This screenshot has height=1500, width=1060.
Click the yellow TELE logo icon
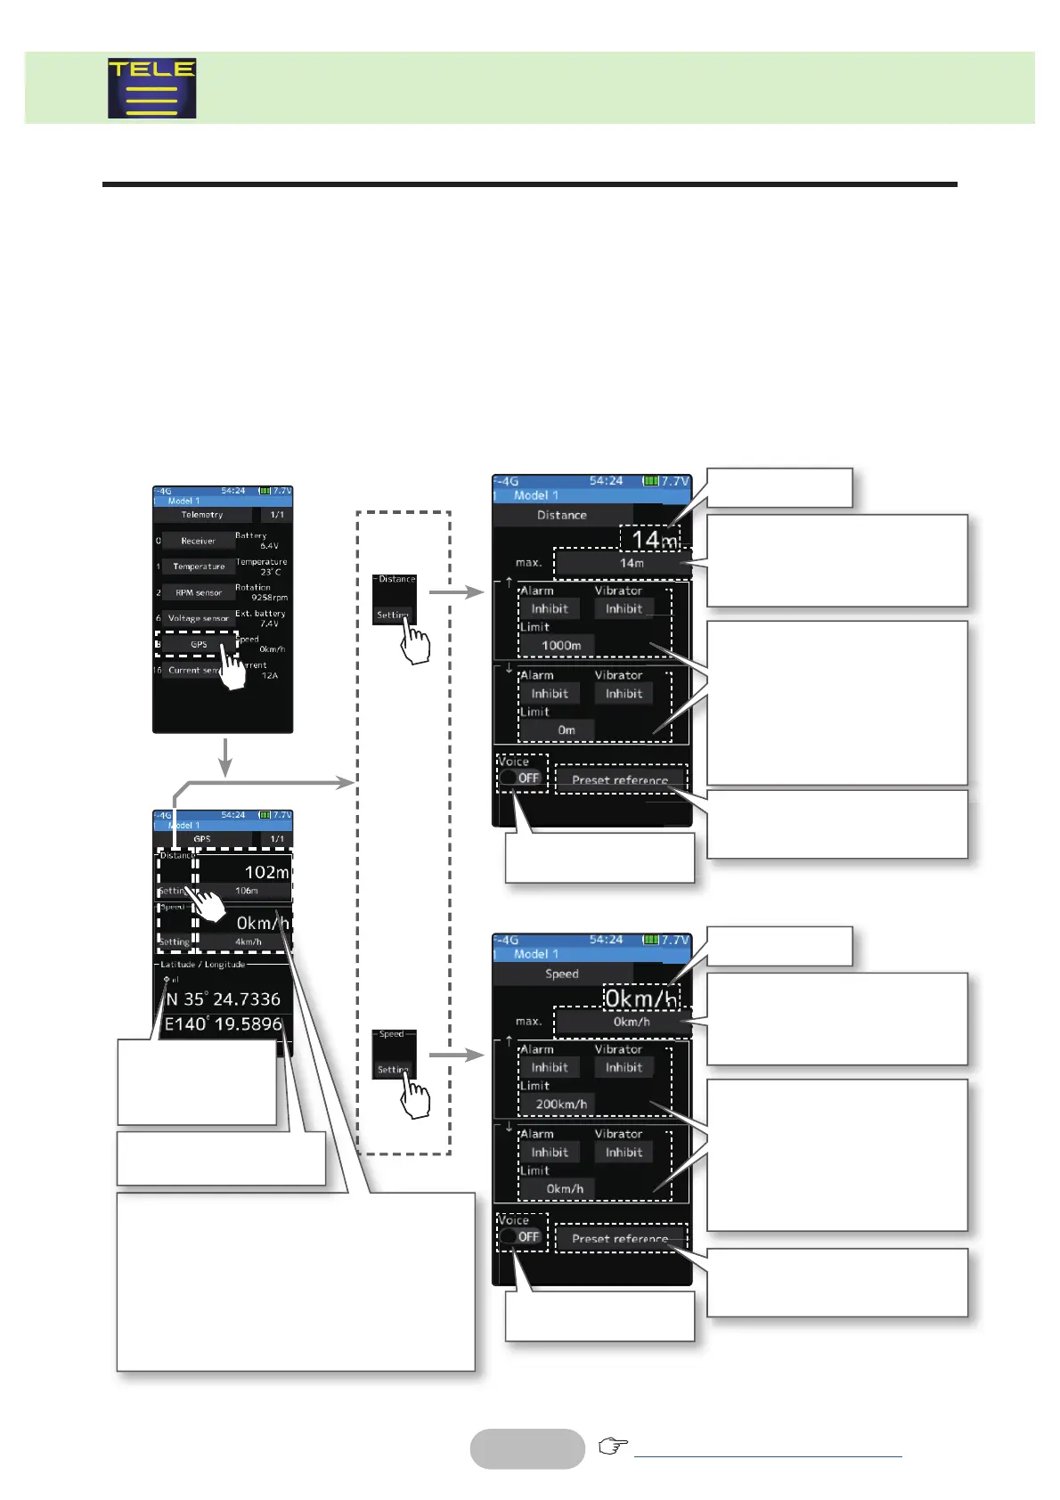(x=152, y=88)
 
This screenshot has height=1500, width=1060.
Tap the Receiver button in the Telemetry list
(x=198, y=541)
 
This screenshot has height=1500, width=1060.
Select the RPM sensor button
(x=198, y=592)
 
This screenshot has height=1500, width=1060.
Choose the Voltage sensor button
(x=198, y=618)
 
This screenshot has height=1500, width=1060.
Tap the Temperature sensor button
(x=198, y=567)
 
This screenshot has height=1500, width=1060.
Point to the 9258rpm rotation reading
(x=269, y=598)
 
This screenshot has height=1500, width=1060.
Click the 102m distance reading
(x=266, y=872)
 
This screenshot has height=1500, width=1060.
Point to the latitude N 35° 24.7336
(x=224, y=999)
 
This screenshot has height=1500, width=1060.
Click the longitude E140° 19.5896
(x=224, y=1024)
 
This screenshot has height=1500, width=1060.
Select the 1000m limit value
(x=561, y=645)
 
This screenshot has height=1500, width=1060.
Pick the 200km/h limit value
(x=561, y=1104)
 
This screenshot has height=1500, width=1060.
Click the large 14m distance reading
(x=654, y=540)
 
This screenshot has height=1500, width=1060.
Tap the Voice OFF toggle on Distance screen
(x=520, y=778)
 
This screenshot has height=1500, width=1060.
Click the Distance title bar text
(x=562, y=515)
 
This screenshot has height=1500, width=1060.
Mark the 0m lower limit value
(x=567, y=730)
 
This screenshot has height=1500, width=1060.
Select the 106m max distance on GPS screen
(x=247, y=891)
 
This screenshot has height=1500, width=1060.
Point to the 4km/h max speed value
(x=249, y=942)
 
